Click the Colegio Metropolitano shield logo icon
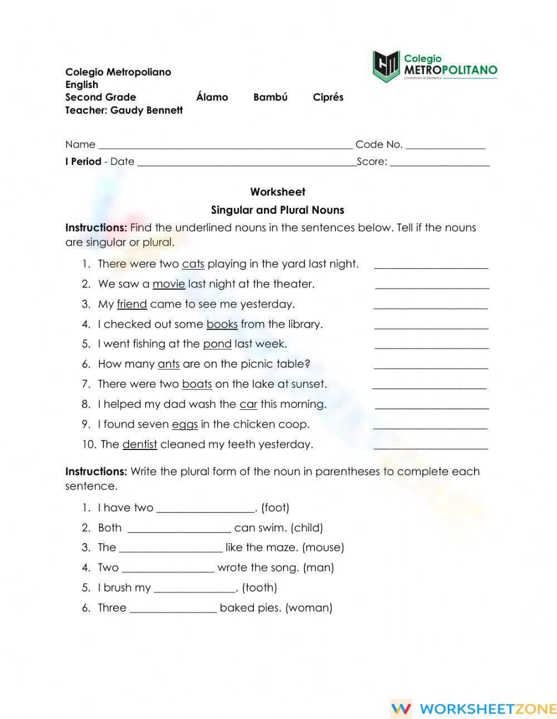pyautogui.click(x=386, y=66)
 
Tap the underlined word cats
pyautogui.click(x=193, y=264)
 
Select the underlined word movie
pyautogui.click(x=168, y=284)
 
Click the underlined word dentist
pyautogui.click(x=139, y=444)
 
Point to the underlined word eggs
pyautogui.click(x=184, y=424)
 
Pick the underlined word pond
pyautogui.click(x=217, y=344)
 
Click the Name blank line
pyautogui.click(x=225, y=146)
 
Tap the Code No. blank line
pyautogui.click(x=446, y=146)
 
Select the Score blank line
pyautogui.click(x=439, y=163)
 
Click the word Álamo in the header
pyautogui.click(x=212, y=97)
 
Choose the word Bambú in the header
pyautogui.click(x=270, y=97)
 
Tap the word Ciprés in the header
pyautogui.click(x=328, y=97)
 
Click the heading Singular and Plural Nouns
pyautogui.click(x=277, y=210)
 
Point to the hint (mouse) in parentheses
pyautogui.click(x=323, y=547)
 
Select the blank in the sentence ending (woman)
pyautogui.click(x=173, y=609)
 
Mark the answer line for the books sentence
pyautogui.click(x=431, y=326)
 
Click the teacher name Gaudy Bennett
pyautogui.click(x=146, y=110)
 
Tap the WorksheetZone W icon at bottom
pyautogui.click(x=401, y=708)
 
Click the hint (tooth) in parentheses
pyautogui.click(x=260, y=588)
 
